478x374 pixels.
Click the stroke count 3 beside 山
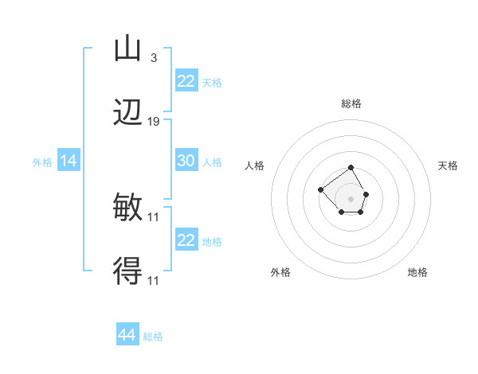click(153, 57)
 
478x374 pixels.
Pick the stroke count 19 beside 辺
click(154, 122)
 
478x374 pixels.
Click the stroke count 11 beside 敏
click(154, 216)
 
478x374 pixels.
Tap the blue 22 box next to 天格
click(186, 81)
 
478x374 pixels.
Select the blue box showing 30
click(186, 161)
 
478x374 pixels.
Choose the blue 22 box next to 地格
click(186, 240)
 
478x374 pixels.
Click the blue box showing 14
click(69, 162)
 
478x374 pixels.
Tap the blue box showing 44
click(127, 336)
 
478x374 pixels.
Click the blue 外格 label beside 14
click(42, 162)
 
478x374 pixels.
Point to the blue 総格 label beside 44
click(153, 337)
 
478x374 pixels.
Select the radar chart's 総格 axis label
click(351, 103)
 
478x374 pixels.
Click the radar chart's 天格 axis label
click(448, 166)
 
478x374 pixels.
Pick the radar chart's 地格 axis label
click(417, 272)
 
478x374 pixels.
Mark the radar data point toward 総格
click(351, 168)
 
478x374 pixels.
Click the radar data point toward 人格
click(320, 189)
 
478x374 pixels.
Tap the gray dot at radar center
click(351, 199)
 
